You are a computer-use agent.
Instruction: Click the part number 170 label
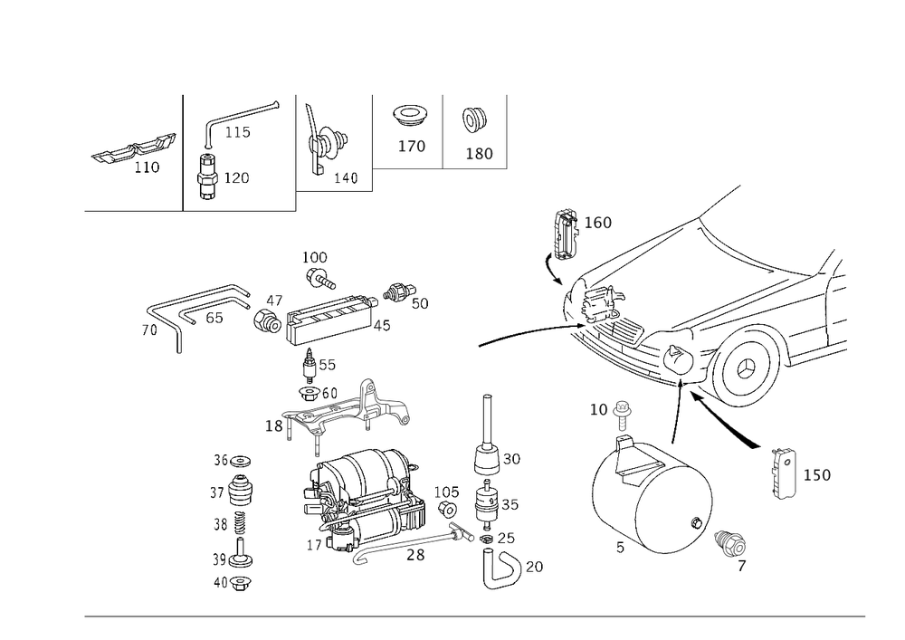pyautogui.click(x=411, y=146)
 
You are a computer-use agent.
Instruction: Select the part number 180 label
pyautogui.click(x=478, y=154)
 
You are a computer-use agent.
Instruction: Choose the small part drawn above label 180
pyautogui.click(x=473, y=119)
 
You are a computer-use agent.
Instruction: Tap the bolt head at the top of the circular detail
pyautogui.click(x=624, y=416)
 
